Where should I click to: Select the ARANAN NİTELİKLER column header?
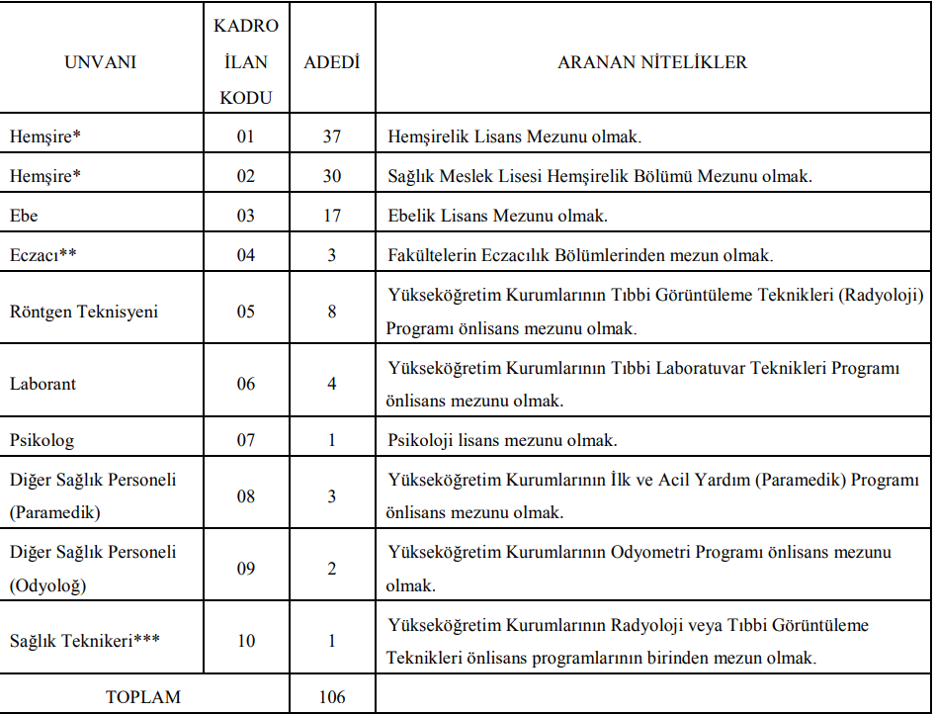(x=652, y=62)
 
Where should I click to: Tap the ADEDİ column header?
(x=332, y=62)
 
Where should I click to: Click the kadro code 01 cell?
(x=246, y=136)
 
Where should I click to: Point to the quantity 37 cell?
(x=332, y=136)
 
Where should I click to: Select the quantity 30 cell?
(x=332, y=176)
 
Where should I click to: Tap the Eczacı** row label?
(x=43, y=255)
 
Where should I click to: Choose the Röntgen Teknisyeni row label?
(x=84, y=312)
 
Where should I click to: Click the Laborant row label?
(x=43, y=384)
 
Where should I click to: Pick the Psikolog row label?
(x=42, y=440)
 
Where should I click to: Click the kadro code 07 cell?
(x=246, y=440)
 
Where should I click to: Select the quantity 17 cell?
(x=332, y=216)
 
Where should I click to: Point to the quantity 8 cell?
(x=332, y=312)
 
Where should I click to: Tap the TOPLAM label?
(x=143, y=697)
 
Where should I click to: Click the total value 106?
(x=332, y=697)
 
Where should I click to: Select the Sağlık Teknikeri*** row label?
(x=84, y=641)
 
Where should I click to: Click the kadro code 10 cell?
(x=246, y=641)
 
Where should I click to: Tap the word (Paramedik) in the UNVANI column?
(x=55, y=512)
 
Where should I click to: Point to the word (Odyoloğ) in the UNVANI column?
(x=48, y=584)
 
